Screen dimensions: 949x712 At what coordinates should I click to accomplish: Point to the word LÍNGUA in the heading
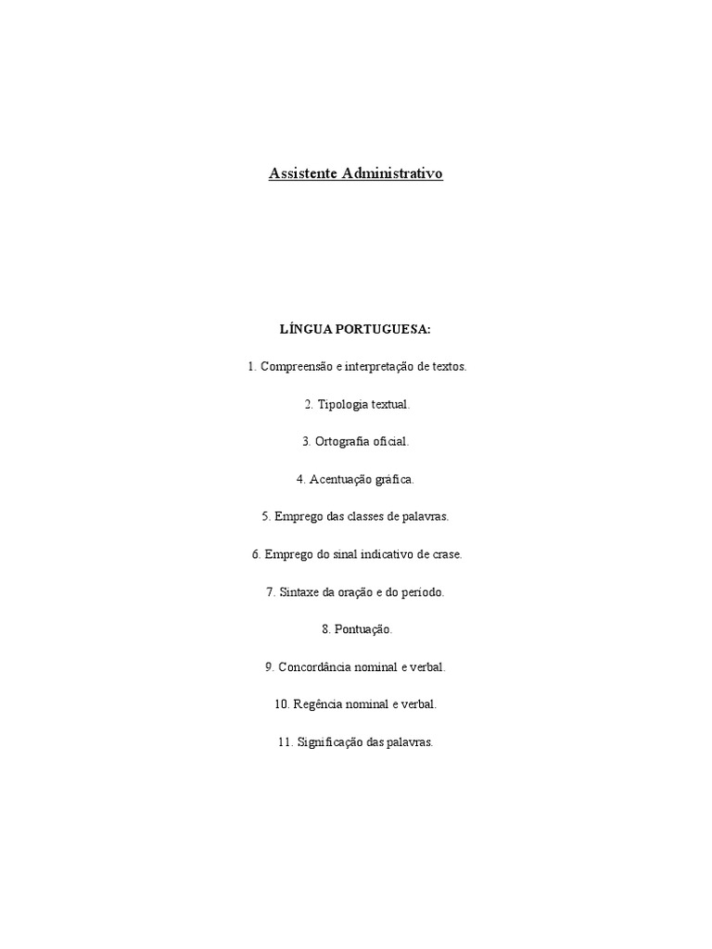click(301, 329)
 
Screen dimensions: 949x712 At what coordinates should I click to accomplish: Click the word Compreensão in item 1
click(296, 367)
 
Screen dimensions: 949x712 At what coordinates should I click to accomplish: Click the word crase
click(445, 554)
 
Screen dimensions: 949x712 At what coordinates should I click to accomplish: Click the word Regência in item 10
click(318, 704)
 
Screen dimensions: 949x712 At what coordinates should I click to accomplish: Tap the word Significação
click(331, 742)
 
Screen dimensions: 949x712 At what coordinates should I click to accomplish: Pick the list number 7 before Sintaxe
click(270, 592)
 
